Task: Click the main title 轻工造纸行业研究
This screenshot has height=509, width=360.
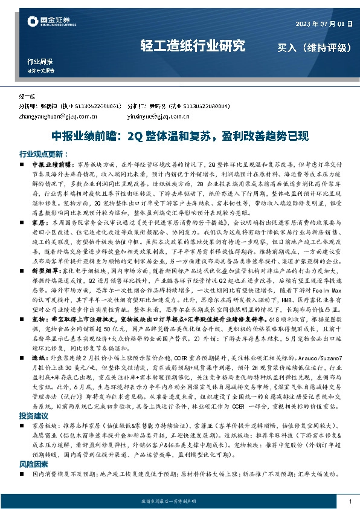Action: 193,45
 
